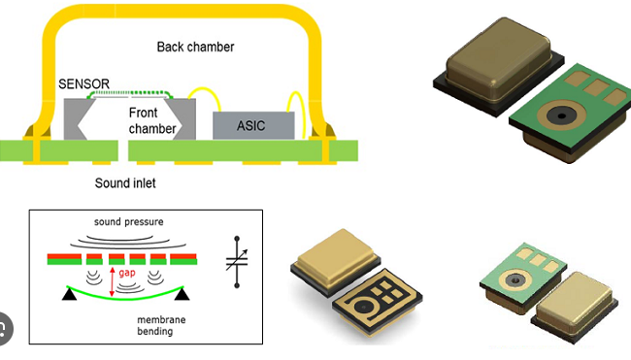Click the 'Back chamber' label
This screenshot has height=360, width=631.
196,47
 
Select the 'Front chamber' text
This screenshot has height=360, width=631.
152,120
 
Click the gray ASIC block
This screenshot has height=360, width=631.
253,124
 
